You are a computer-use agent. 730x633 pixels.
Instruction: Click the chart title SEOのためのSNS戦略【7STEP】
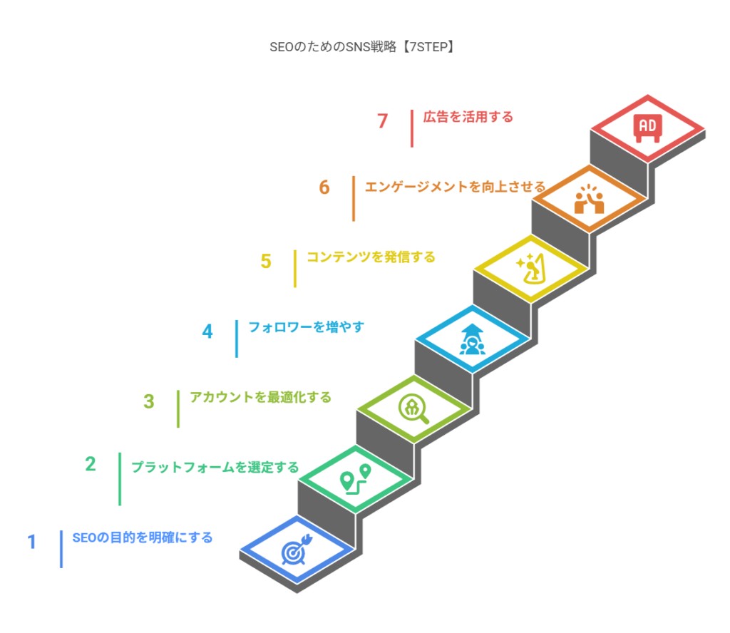(362, 47)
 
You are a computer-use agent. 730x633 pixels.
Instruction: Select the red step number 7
(382, 121)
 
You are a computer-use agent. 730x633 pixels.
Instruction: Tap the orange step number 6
(324, 187)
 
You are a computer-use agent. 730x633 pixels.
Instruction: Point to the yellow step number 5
(266, 261)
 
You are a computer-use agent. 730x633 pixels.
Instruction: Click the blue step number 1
(31, 542)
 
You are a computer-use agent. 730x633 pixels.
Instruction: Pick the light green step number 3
(149, 401)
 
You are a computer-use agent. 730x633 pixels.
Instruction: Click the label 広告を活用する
(468, 117)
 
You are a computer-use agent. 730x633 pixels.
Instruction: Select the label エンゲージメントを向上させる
(455, 187)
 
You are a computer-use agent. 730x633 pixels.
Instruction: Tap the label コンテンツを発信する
(371, 257)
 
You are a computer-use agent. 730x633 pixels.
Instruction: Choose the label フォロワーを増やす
(307, 327)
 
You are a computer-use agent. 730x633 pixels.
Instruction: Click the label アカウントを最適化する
(261, 398)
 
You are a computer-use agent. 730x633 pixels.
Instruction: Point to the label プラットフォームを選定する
(215, 468)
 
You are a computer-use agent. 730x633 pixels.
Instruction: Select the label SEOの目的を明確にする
(143, 537)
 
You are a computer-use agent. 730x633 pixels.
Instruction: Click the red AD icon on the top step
(647, 128)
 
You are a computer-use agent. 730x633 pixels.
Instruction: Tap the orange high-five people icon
(589, 200)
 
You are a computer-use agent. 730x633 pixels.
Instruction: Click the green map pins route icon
(355, 479)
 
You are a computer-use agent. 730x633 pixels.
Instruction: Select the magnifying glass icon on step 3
(413, 409)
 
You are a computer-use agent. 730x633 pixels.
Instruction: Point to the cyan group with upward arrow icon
(472, 339)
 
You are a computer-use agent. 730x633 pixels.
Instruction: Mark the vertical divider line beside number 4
(237, 339)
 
